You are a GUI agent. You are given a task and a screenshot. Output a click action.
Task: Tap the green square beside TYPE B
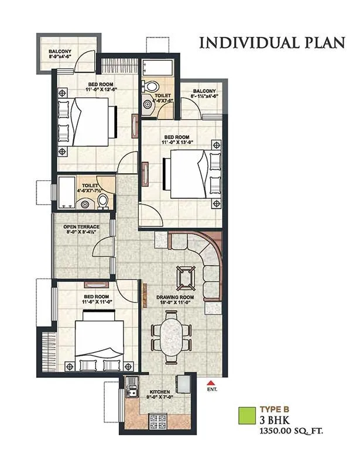coord(249,416)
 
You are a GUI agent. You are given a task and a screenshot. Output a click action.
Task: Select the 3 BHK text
coord(276,420)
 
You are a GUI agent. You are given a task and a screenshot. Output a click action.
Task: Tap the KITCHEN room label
coord(160,391)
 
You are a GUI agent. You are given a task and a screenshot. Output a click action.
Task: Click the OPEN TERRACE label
coord(82,226)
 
